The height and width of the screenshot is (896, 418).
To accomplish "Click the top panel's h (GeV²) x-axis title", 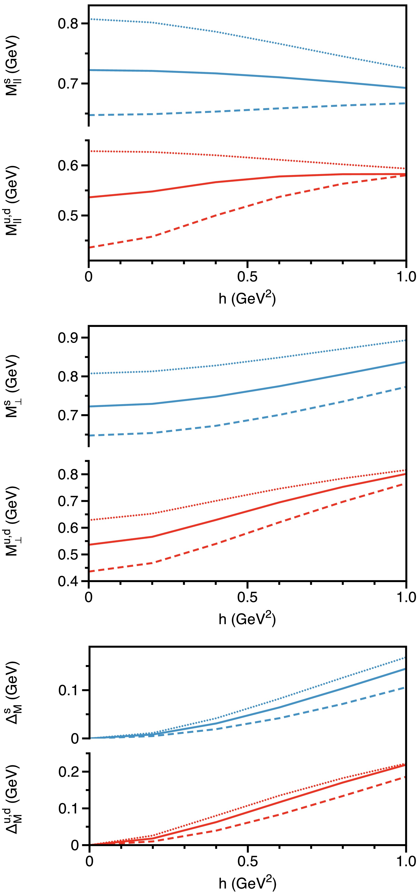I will coord(247,298).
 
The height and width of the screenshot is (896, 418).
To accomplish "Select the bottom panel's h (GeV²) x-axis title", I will coord(247,883).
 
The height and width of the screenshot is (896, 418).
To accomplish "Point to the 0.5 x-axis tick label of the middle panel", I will coord(247,597).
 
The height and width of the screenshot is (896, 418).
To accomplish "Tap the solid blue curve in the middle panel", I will coord(247,391).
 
